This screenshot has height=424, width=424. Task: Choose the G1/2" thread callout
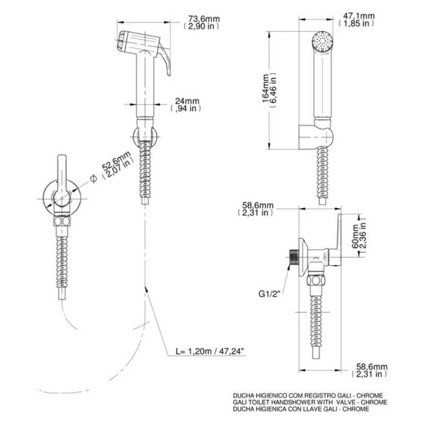click(269, 294)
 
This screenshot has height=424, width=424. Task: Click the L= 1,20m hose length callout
click(210, 351)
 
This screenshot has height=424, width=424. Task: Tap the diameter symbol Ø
click(93, 179)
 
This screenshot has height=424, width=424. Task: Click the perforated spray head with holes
click(323, 41)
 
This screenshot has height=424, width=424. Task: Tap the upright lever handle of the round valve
click(62, 176)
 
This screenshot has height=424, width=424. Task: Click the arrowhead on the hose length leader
click(147, 288)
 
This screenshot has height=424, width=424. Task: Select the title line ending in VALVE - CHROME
click(310, 402)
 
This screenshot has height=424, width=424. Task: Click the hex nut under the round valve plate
click(63, 221)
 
